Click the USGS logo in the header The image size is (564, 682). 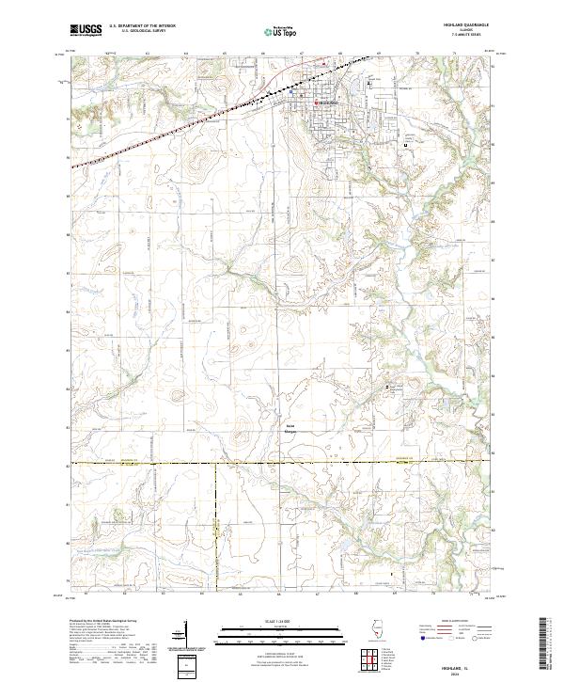86,31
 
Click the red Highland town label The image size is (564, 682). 326,102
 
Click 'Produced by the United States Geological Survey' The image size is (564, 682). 102,623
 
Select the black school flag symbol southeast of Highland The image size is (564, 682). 405,146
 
